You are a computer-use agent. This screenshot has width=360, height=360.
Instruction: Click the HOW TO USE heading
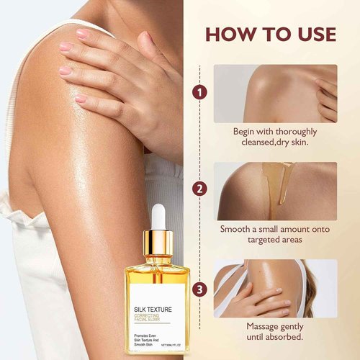[x=270, y=34]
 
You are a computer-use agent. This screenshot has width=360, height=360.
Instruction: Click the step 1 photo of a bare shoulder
[x=274, y=94]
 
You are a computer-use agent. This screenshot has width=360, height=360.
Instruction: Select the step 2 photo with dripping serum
[x=274, y=191]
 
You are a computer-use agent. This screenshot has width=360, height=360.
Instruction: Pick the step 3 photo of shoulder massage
[x=274, y=288]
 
